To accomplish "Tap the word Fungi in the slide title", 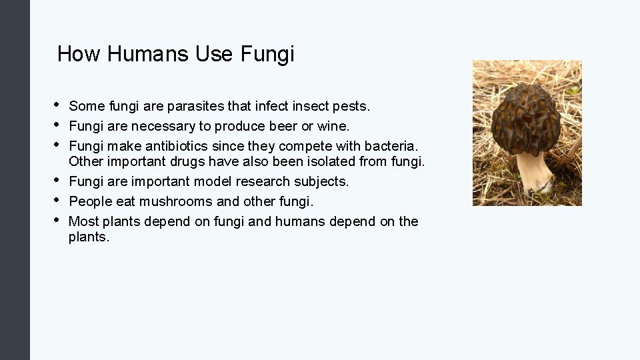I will point(266,54).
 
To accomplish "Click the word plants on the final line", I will point(87,237).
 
